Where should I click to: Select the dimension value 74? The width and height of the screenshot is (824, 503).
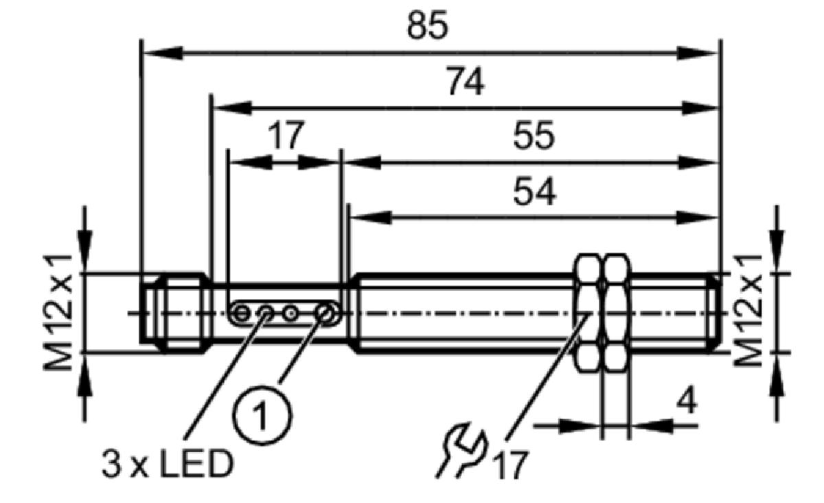(465, 81)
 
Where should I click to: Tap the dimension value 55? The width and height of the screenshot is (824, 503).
(534, 135)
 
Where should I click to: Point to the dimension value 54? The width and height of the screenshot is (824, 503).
(534, 192)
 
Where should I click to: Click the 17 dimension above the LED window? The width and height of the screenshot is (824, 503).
(286, 135)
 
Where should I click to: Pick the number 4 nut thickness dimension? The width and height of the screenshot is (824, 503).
(687, 401)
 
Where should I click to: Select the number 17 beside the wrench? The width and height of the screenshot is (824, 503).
(511, 465)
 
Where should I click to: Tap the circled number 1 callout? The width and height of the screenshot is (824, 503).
(262, 415)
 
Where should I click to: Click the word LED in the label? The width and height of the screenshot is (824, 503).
(196, 465)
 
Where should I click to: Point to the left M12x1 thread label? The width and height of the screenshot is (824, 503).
(58, 312)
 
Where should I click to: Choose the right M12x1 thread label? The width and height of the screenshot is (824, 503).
(748, 311)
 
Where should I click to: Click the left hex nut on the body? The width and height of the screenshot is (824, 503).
(588, 312)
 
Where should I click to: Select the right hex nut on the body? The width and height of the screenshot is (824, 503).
(616, 312)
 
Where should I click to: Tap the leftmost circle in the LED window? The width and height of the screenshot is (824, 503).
(241, 314)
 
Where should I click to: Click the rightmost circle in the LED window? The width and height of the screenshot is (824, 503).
(325, 314)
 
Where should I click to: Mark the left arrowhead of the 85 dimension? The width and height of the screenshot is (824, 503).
(162, 54)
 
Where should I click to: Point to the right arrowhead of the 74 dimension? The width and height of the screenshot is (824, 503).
(700, 108)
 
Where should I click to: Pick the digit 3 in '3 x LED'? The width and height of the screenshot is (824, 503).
(112, 465)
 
